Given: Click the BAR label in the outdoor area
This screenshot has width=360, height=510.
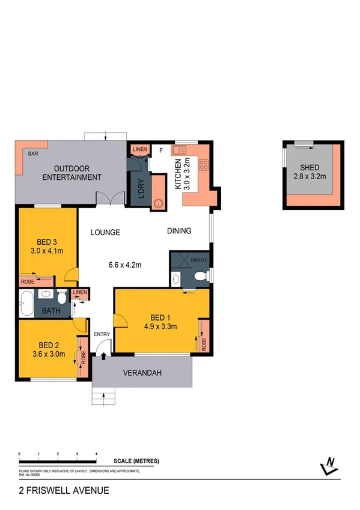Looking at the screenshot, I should (32, 154).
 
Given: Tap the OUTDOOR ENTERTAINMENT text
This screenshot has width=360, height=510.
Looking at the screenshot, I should (73, 173).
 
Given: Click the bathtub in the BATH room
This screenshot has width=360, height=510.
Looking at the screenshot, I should (26, 303).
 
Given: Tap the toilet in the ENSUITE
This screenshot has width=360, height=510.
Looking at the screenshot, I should (202, 276).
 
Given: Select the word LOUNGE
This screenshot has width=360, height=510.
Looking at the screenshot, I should (106, 232).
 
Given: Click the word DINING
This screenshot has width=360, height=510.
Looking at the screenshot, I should (179, 230).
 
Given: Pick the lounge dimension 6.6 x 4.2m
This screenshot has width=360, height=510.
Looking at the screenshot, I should (124, 263).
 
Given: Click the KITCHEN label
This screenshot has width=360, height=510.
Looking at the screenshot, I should (178, 174).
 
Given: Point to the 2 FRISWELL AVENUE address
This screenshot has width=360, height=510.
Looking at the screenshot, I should (64, 490).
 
